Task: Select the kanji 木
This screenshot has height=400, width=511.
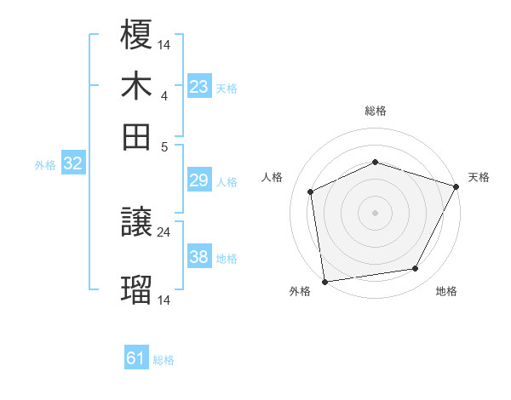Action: (136, 86)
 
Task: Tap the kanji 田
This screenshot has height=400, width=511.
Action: (136, 136)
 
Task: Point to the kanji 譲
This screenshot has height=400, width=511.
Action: (136, 224)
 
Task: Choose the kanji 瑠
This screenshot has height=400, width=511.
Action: (136, 289)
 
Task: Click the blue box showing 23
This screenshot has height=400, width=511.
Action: (199, 87)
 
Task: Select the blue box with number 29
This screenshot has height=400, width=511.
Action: (199, 180)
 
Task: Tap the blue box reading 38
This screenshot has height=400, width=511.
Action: (199, 257)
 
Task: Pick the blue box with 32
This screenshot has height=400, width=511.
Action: (72, 164)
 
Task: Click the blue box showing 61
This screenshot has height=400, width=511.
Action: (136, 359)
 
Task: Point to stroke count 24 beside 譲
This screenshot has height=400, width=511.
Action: (164, 231)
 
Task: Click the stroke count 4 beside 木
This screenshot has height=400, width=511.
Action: (164, 95)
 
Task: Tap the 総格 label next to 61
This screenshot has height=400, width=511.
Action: (164, 360)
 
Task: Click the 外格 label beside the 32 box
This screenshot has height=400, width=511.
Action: (45, 165)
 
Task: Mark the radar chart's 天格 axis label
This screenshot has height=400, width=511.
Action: (479, 177)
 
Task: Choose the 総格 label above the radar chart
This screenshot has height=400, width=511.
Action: (376, 111)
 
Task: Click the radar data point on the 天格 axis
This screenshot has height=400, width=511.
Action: (456, 186)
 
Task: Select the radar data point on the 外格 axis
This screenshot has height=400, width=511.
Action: (324, 281)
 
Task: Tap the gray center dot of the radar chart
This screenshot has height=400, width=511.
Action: (375, 212)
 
